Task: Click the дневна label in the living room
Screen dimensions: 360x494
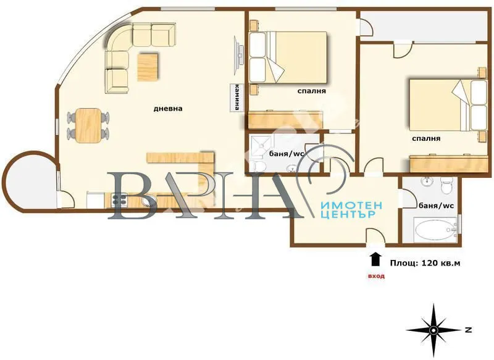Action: tap(168, 109)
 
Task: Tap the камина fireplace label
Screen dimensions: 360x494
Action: tap(237, 98)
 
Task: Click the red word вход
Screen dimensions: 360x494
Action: tap(375, 276)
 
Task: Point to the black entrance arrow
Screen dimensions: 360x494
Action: tap(375, 257)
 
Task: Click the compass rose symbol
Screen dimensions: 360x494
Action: tap(434, 330)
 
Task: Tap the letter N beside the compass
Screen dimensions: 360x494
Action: tap(469, 330)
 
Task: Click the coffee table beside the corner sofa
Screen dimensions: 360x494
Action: tap(146, 67)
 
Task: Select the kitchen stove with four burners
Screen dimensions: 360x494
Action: tap(118, 199)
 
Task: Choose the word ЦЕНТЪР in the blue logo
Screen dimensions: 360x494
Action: tap(349, 215)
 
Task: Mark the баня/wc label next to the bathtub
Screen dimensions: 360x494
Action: tap(436, 206)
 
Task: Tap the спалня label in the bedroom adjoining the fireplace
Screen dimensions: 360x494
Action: tap(311, 91)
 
